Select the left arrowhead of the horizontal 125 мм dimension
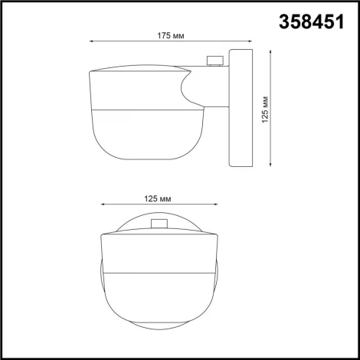[x=103, y=205]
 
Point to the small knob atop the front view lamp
[x=161, y=224]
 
